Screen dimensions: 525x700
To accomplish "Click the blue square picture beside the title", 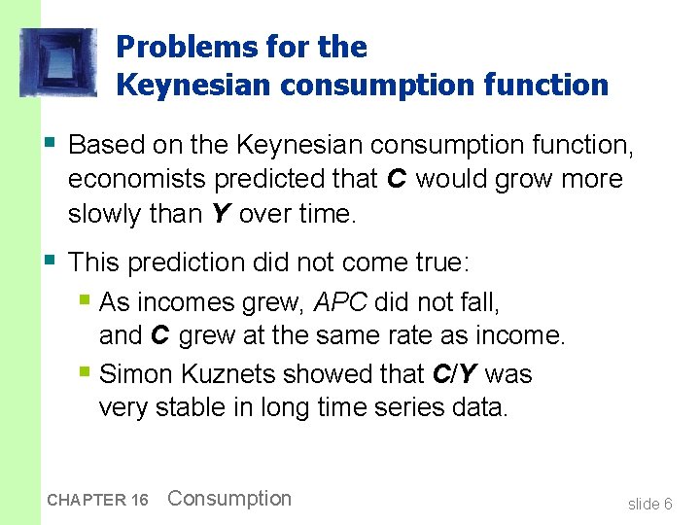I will (58, 63).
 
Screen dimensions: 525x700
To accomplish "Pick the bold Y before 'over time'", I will (221, 214).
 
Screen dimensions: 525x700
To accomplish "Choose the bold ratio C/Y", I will (452, 374).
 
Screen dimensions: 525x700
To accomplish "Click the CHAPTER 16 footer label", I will (97, 500).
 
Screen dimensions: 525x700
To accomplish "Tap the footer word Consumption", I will (229, 499).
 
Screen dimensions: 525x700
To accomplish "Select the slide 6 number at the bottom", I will (649, 504).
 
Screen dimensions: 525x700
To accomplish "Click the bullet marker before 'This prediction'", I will (52, 260).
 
